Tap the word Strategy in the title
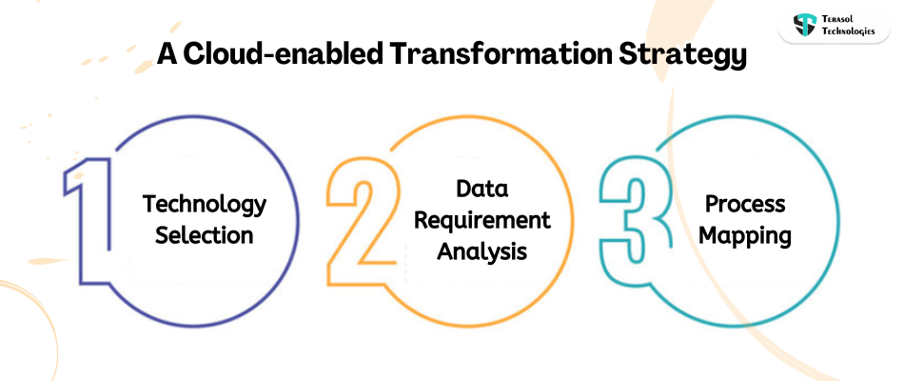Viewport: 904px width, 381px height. point(681,55)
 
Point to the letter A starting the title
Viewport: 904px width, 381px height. point(167,55)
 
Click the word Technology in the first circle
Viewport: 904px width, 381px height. point(205,204)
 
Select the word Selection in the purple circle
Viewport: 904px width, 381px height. point(205,235)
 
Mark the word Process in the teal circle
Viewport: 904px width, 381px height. point(745,204)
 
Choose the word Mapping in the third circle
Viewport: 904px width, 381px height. point(745,235)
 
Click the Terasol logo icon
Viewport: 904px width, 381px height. point(804,24)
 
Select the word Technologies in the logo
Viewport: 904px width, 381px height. point(849,31)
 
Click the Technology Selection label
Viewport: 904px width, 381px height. point(205,219)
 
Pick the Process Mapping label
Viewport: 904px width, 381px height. point(745,219)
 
